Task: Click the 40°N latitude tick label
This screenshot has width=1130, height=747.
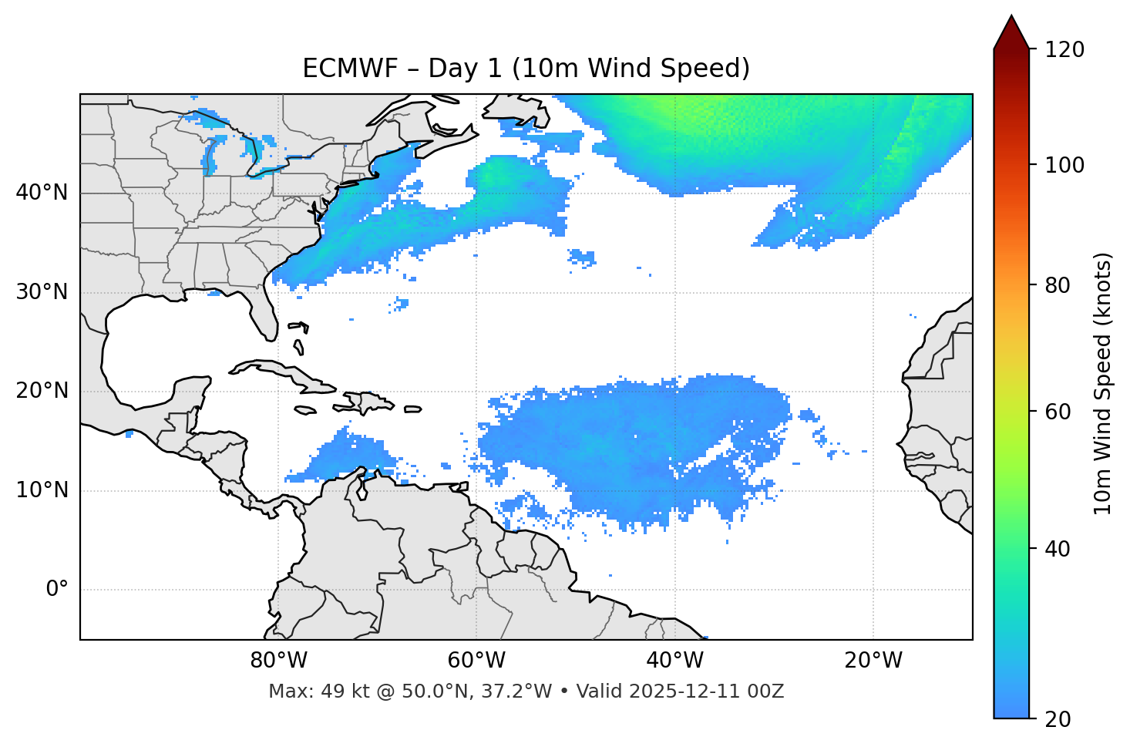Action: (42, 193)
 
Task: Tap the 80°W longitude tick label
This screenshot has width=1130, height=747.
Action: (278, 661)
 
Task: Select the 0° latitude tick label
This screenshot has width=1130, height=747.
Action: (57, 590)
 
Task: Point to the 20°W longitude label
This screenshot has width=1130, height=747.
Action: (873, 661)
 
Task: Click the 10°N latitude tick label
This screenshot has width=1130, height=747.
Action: (42, 490)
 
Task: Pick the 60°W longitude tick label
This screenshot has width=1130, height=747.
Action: (476, 661)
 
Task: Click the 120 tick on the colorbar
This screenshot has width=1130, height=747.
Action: (1064, 50)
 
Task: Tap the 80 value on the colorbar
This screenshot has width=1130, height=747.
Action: (1058, 285)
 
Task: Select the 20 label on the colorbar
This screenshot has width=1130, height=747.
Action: (1058, 719)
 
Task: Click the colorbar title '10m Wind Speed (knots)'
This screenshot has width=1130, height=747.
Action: (1103, 384)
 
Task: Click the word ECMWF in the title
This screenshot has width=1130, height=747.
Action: (350, 69)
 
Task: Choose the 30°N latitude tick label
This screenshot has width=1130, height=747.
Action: (42, 292)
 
